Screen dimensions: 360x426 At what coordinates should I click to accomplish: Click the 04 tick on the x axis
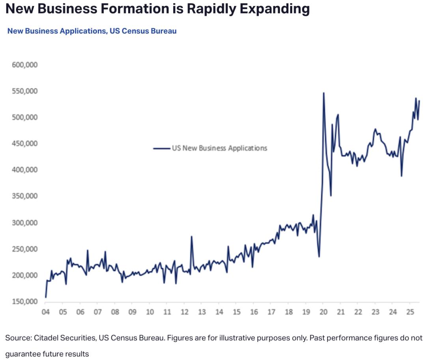(45, 312)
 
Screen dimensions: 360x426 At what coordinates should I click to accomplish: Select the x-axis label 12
(184, 312)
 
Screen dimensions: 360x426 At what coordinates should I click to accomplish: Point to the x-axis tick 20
(323, 312)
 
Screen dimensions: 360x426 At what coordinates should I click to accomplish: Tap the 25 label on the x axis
(410, 312)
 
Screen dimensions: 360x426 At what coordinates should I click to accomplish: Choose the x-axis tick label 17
(271, 312)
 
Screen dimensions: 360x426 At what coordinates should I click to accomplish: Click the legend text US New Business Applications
(219, 148)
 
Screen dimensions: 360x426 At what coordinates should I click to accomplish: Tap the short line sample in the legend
(161, 148)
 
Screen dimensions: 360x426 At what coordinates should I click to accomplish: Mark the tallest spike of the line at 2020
(323, 93)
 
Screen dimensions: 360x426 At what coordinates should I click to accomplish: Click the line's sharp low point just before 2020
(319, 257)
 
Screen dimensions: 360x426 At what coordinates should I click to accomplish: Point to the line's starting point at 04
(46, 297)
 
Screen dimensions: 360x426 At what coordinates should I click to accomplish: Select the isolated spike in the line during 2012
(191, 236)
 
